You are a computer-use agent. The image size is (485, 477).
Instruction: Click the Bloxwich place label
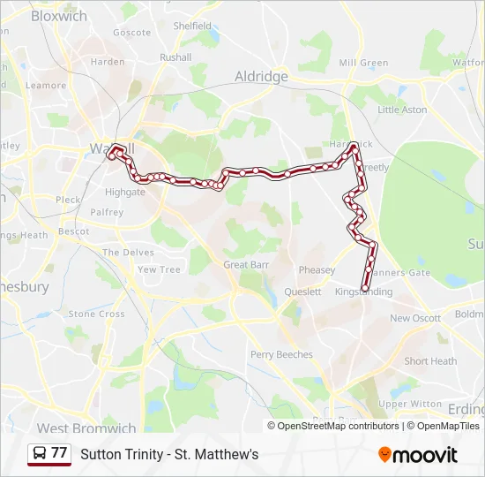coord(59,16)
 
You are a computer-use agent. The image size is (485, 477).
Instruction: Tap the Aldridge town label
coord(261,77)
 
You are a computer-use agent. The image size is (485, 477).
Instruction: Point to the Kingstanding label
coord(363,291)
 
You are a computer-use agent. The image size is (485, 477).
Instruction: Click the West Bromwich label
coord(86,428)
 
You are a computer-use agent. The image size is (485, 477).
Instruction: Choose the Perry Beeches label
coord(281,355)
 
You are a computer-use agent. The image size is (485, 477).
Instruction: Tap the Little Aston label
coord(402,110)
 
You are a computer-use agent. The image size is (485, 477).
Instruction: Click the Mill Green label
coord(363,64)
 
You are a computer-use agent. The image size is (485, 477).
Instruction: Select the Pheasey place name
coord(317,270)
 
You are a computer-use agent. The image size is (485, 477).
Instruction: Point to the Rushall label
coord(175,57)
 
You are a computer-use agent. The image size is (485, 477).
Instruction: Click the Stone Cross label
coord(96,314)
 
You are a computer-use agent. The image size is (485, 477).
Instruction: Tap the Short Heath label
coord(430,361)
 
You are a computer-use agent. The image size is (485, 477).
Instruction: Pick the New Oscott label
coord(415,318)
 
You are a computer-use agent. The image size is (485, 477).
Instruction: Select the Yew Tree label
coord(159,270)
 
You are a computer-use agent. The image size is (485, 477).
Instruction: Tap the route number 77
coord(59,453)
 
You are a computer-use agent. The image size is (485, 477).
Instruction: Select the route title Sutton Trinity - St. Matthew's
coord(169,455)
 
